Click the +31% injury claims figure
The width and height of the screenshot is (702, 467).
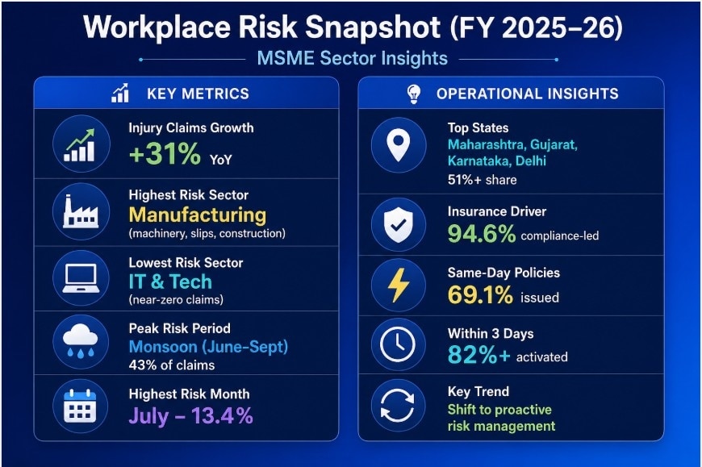click(x=165, y=153)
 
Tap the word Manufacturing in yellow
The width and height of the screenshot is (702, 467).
click(x=197, y=215)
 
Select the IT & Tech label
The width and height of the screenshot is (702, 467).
click(x=170, y=281)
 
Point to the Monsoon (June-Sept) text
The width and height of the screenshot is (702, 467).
click(x=208, y=347)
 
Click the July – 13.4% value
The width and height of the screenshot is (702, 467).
click(x=190, y=415)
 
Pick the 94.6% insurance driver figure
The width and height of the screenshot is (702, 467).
click(x=482, y=235)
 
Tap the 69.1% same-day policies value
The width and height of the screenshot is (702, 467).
click(x=480, y=295)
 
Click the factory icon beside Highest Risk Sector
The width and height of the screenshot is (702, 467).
click(x=80, y=212)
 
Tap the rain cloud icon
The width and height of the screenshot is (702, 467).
click(x=80, y=343)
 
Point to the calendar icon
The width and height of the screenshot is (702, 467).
click(x=80, y=407)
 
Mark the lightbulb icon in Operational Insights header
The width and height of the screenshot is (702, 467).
click(x=413, y=94)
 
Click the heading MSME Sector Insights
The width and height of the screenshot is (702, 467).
click(x=351, y=58)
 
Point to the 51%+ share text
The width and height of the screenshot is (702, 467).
click(x=482, y=180)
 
